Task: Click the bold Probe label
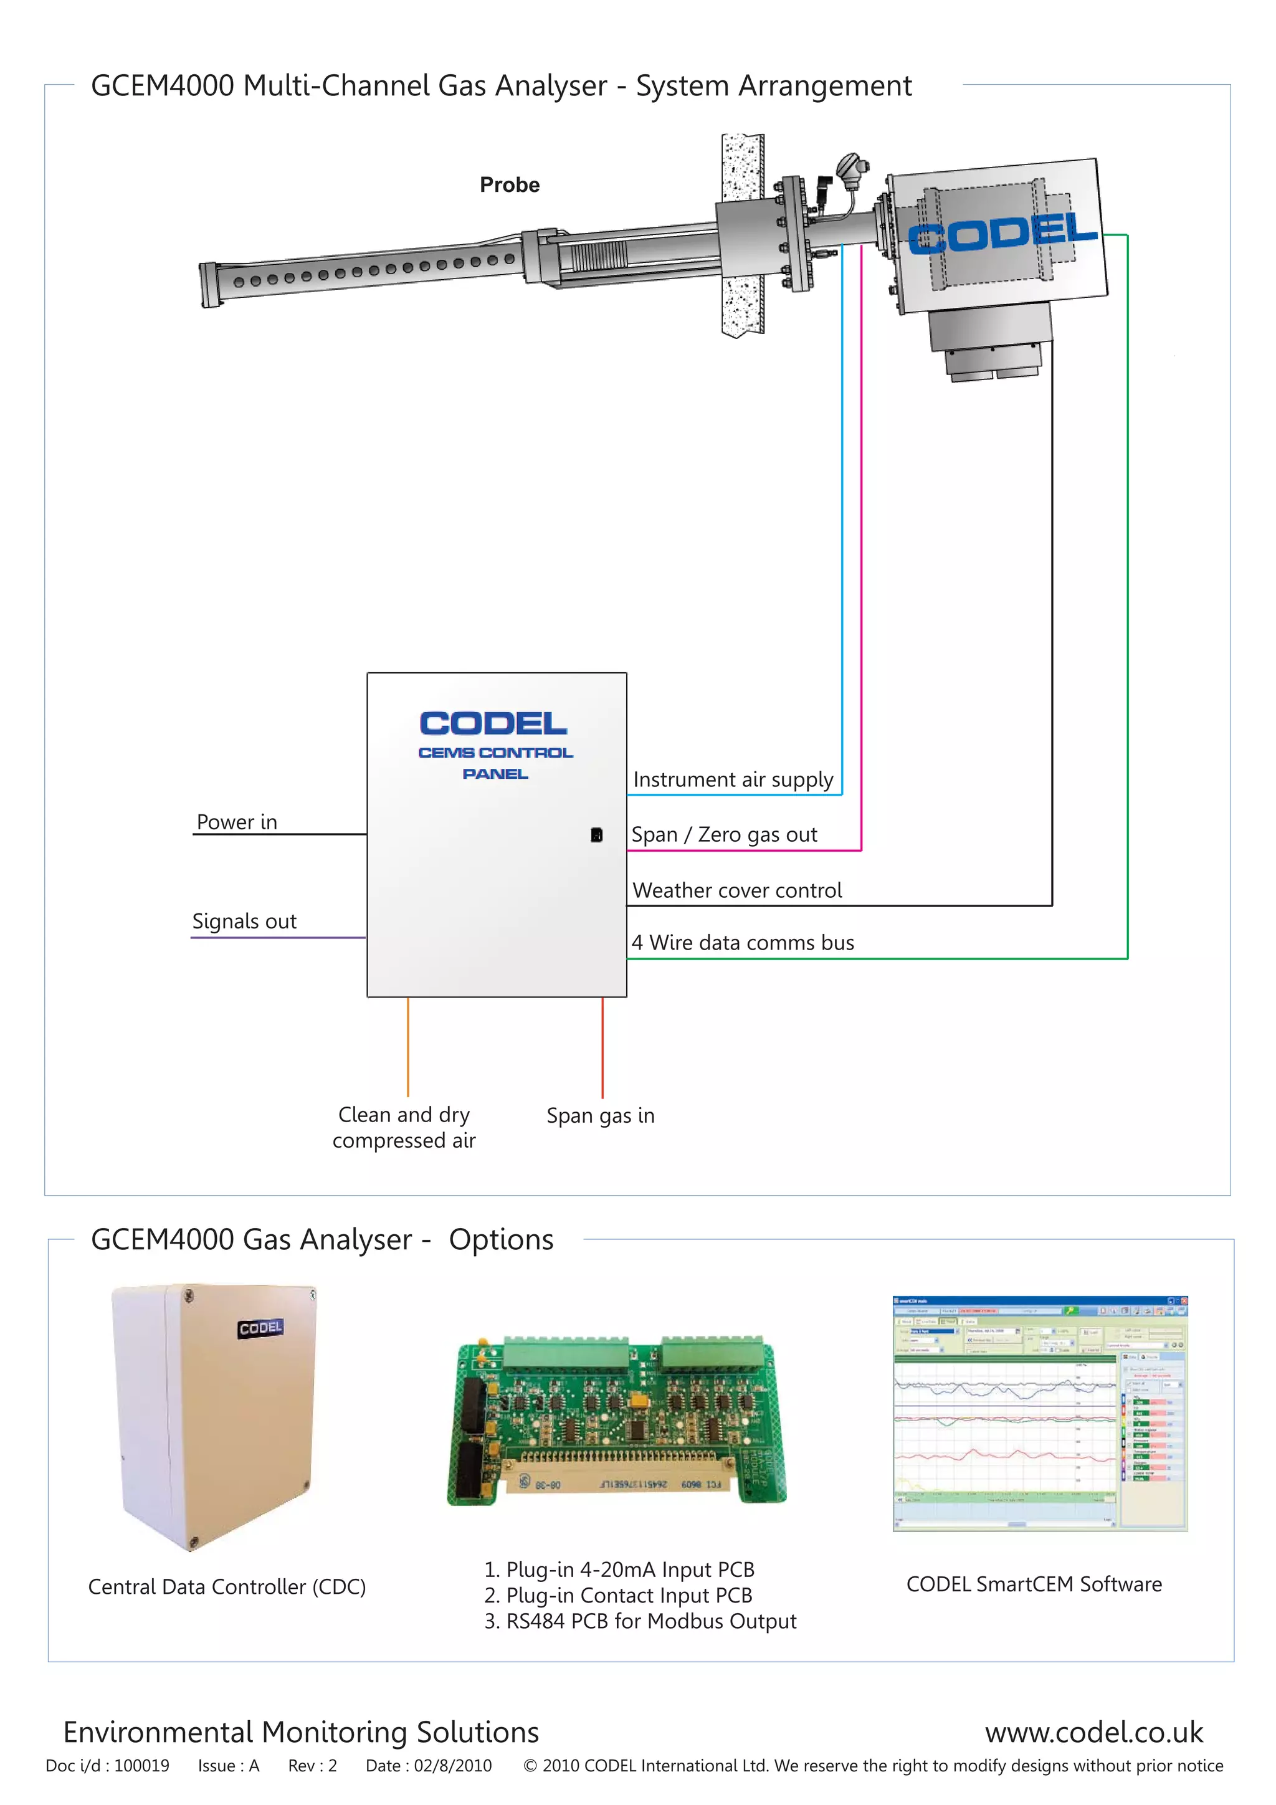point(510,185)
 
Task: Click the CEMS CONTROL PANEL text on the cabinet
point(495,763)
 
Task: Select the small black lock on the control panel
point(597,835)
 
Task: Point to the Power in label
point(237,822)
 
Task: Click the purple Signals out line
point(277,937)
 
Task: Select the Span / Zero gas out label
point(724,834)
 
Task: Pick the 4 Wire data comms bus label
point(742,942)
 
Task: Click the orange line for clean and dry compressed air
point(408,1046)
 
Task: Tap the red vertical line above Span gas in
point(602,1046)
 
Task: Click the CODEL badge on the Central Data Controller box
point(260,1328)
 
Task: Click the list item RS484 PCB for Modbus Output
point(640,1621)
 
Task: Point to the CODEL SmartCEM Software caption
point(1033,1584)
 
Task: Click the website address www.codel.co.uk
point(1093,1733)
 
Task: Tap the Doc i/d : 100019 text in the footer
point(108,1766)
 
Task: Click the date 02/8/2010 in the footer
point(453,1766)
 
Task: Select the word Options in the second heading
point(501,1240)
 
